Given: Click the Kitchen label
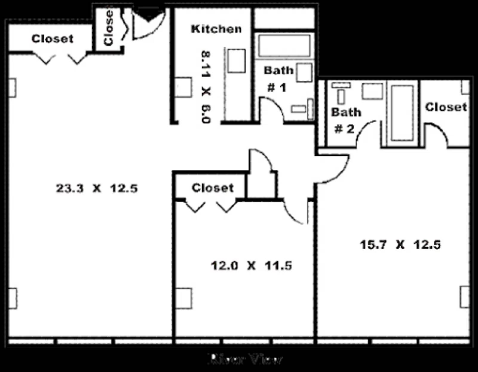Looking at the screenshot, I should tap(216, 29).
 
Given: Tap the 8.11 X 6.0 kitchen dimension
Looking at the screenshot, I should tap(206, 87).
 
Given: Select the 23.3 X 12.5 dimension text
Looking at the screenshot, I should tap(97, 189).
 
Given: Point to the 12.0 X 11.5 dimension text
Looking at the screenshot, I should tap(251, 265).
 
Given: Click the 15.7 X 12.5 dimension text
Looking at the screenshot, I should tap(400, 244).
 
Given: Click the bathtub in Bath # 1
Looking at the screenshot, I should tap(284, 46).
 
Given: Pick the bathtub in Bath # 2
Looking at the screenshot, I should tap(402, 113).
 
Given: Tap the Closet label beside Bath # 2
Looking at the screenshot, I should tap(446, 107).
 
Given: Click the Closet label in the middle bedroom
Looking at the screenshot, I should tap(212, 188).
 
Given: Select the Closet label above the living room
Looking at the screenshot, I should tap(52, 39).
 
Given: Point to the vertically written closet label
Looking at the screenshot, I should tap(108, 27).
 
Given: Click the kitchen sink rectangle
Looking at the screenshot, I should tap(236, 61).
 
